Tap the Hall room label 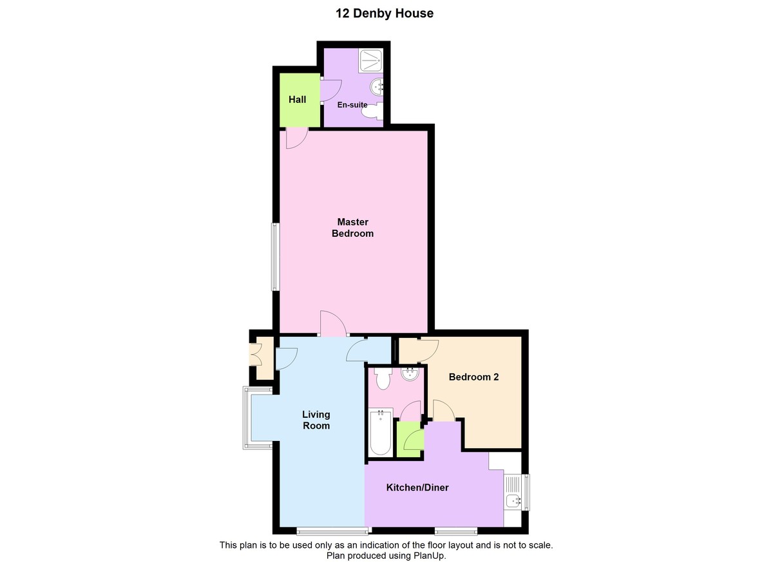pyautogui.click(x=297, y=100)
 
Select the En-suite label pyautogui.click(x=352, y=105)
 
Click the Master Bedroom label pyautogui.click(x=352, y=228)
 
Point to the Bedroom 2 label pyautogui.click(x=473, y=377)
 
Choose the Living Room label pyautogui.click(x=316, y=420)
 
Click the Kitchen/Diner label pyautogui.click(x=417, y=488)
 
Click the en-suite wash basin pyautogui.click(x=377, y=86)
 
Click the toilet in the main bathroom pyautogui.click(x=382, y=379)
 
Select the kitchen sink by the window pyautogui.click(x=513, y=500)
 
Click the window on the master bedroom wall pyautogui.click(x=275, y=256)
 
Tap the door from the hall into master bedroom pyautogui.click(x=296, y=138)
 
